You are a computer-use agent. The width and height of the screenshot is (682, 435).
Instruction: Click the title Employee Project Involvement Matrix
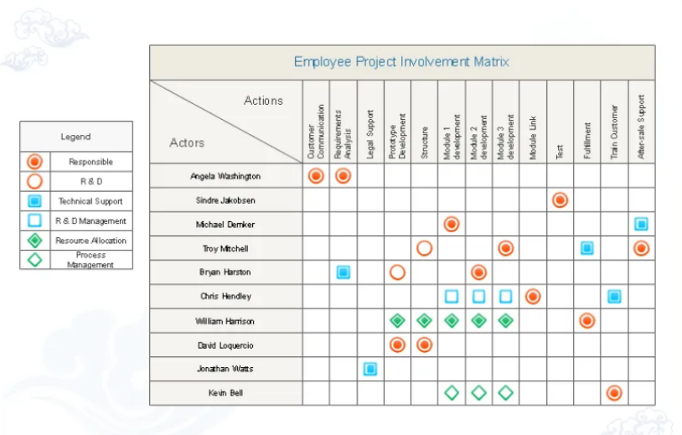(401, 62)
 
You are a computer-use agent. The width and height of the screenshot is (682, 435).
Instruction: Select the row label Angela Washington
(225, 176)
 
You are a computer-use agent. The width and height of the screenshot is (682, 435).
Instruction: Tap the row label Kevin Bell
(225, 393)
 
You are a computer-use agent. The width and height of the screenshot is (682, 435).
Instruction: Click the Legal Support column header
(370, 134)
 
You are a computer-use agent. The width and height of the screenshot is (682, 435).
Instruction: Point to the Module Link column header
(533, 137)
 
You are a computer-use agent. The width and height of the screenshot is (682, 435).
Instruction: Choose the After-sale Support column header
(641, 127)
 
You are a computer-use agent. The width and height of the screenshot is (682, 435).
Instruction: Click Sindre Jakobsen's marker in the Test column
(560, 200)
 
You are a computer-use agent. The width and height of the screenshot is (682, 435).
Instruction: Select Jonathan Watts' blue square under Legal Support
(370, 369)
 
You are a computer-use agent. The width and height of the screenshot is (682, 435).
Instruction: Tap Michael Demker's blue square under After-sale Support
(641, 224)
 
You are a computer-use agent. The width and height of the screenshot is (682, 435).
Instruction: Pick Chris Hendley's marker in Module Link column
(533, 297)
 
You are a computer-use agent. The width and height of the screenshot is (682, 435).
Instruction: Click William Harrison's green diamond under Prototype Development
(397, 321)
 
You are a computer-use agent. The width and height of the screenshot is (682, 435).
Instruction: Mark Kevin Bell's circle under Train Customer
(613, 393)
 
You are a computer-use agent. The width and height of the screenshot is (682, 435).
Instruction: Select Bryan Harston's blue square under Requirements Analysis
(344, 272)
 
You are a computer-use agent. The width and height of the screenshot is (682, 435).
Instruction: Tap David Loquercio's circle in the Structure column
(424, 345)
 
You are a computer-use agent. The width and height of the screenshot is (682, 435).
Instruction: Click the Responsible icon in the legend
(35, 162)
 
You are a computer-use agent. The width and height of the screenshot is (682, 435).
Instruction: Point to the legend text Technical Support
(90, 201)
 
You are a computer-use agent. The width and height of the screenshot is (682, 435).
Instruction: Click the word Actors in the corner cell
(187, 142)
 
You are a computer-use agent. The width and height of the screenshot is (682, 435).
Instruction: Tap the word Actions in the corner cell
(263, 101)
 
